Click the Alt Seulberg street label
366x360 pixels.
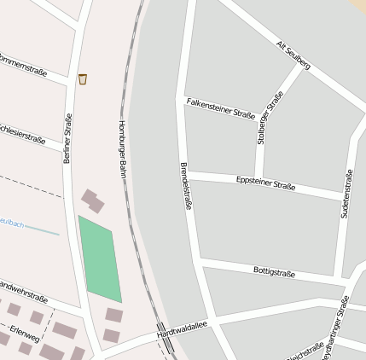click(293, 54)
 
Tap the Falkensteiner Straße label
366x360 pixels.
click(220, 108)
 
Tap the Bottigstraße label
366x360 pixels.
click(274, 272)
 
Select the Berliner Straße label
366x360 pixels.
click(67, 137)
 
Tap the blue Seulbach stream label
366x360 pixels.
click(11, 224)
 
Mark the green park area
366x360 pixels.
click(100, 258)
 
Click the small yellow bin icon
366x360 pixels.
click(83, 79)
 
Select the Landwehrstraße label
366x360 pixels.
click(22, 293)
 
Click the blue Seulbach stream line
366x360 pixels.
click(43, 230)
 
